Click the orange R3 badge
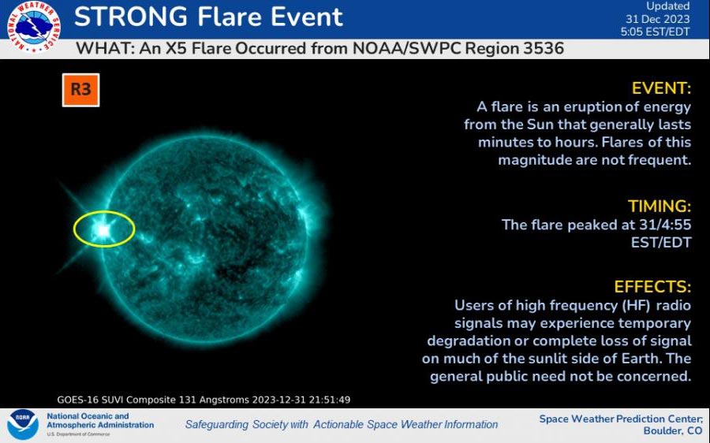point(81,90)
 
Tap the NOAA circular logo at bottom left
point(22,425)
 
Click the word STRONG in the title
point(131,17)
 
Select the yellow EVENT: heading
point(661,87)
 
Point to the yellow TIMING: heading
point(659,207)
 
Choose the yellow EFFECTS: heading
point(652,286)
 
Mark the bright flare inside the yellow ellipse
point(102,229)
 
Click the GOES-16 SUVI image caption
point(204,400)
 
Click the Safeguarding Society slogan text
point(341,424)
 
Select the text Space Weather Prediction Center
point(619,419)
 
